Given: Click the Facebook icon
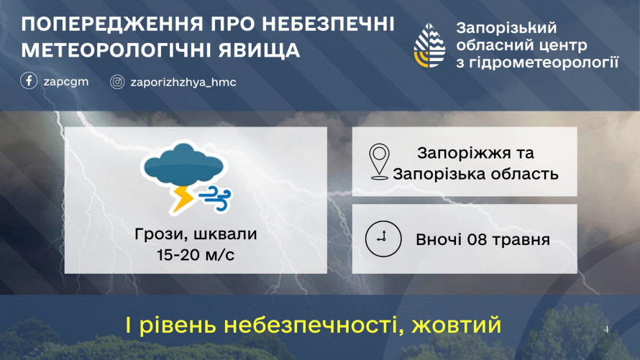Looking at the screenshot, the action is (x=29, y=80).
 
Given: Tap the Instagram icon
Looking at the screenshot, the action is (x=117, y=82).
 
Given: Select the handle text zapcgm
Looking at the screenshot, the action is (x=66, y=81).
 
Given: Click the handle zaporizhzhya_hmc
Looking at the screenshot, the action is (x=183, y=83).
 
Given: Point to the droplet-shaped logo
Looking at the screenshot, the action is (x=429, y=45).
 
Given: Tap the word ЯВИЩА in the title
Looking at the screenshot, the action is (x=259, y=50).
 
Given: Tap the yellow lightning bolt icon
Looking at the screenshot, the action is (x=182, y=198).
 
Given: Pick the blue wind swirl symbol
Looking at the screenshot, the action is (x=215, y=198).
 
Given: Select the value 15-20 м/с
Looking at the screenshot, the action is (x=196, y=255).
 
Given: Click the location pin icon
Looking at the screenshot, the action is (x=379, y=162).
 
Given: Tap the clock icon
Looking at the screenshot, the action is (x=383, y=239).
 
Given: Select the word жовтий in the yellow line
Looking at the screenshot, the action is (x=457, y=325).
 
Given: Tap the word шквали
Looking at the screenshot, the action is (x=225, y=234).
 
